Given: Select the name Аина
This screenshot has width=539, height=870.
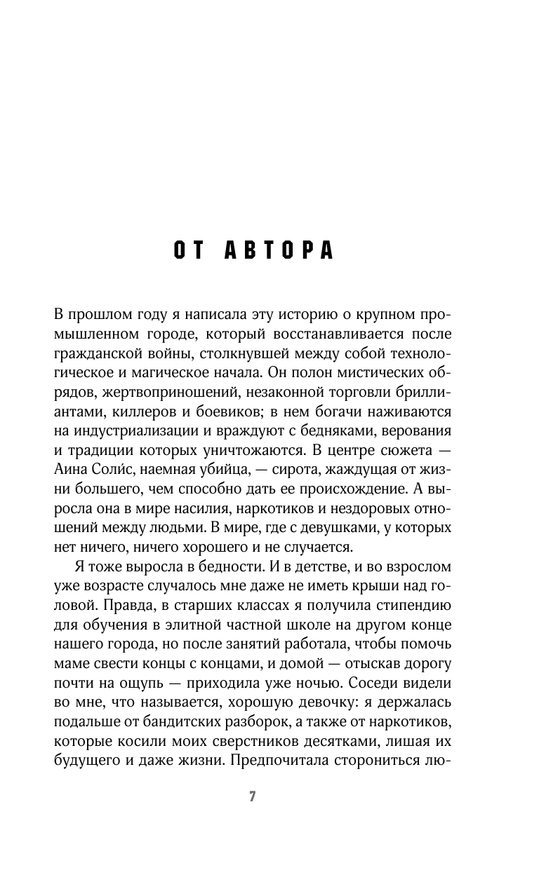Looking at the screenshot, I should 70,449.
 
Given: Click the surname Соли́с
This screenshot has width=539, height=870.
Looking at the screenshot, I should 114,449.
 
